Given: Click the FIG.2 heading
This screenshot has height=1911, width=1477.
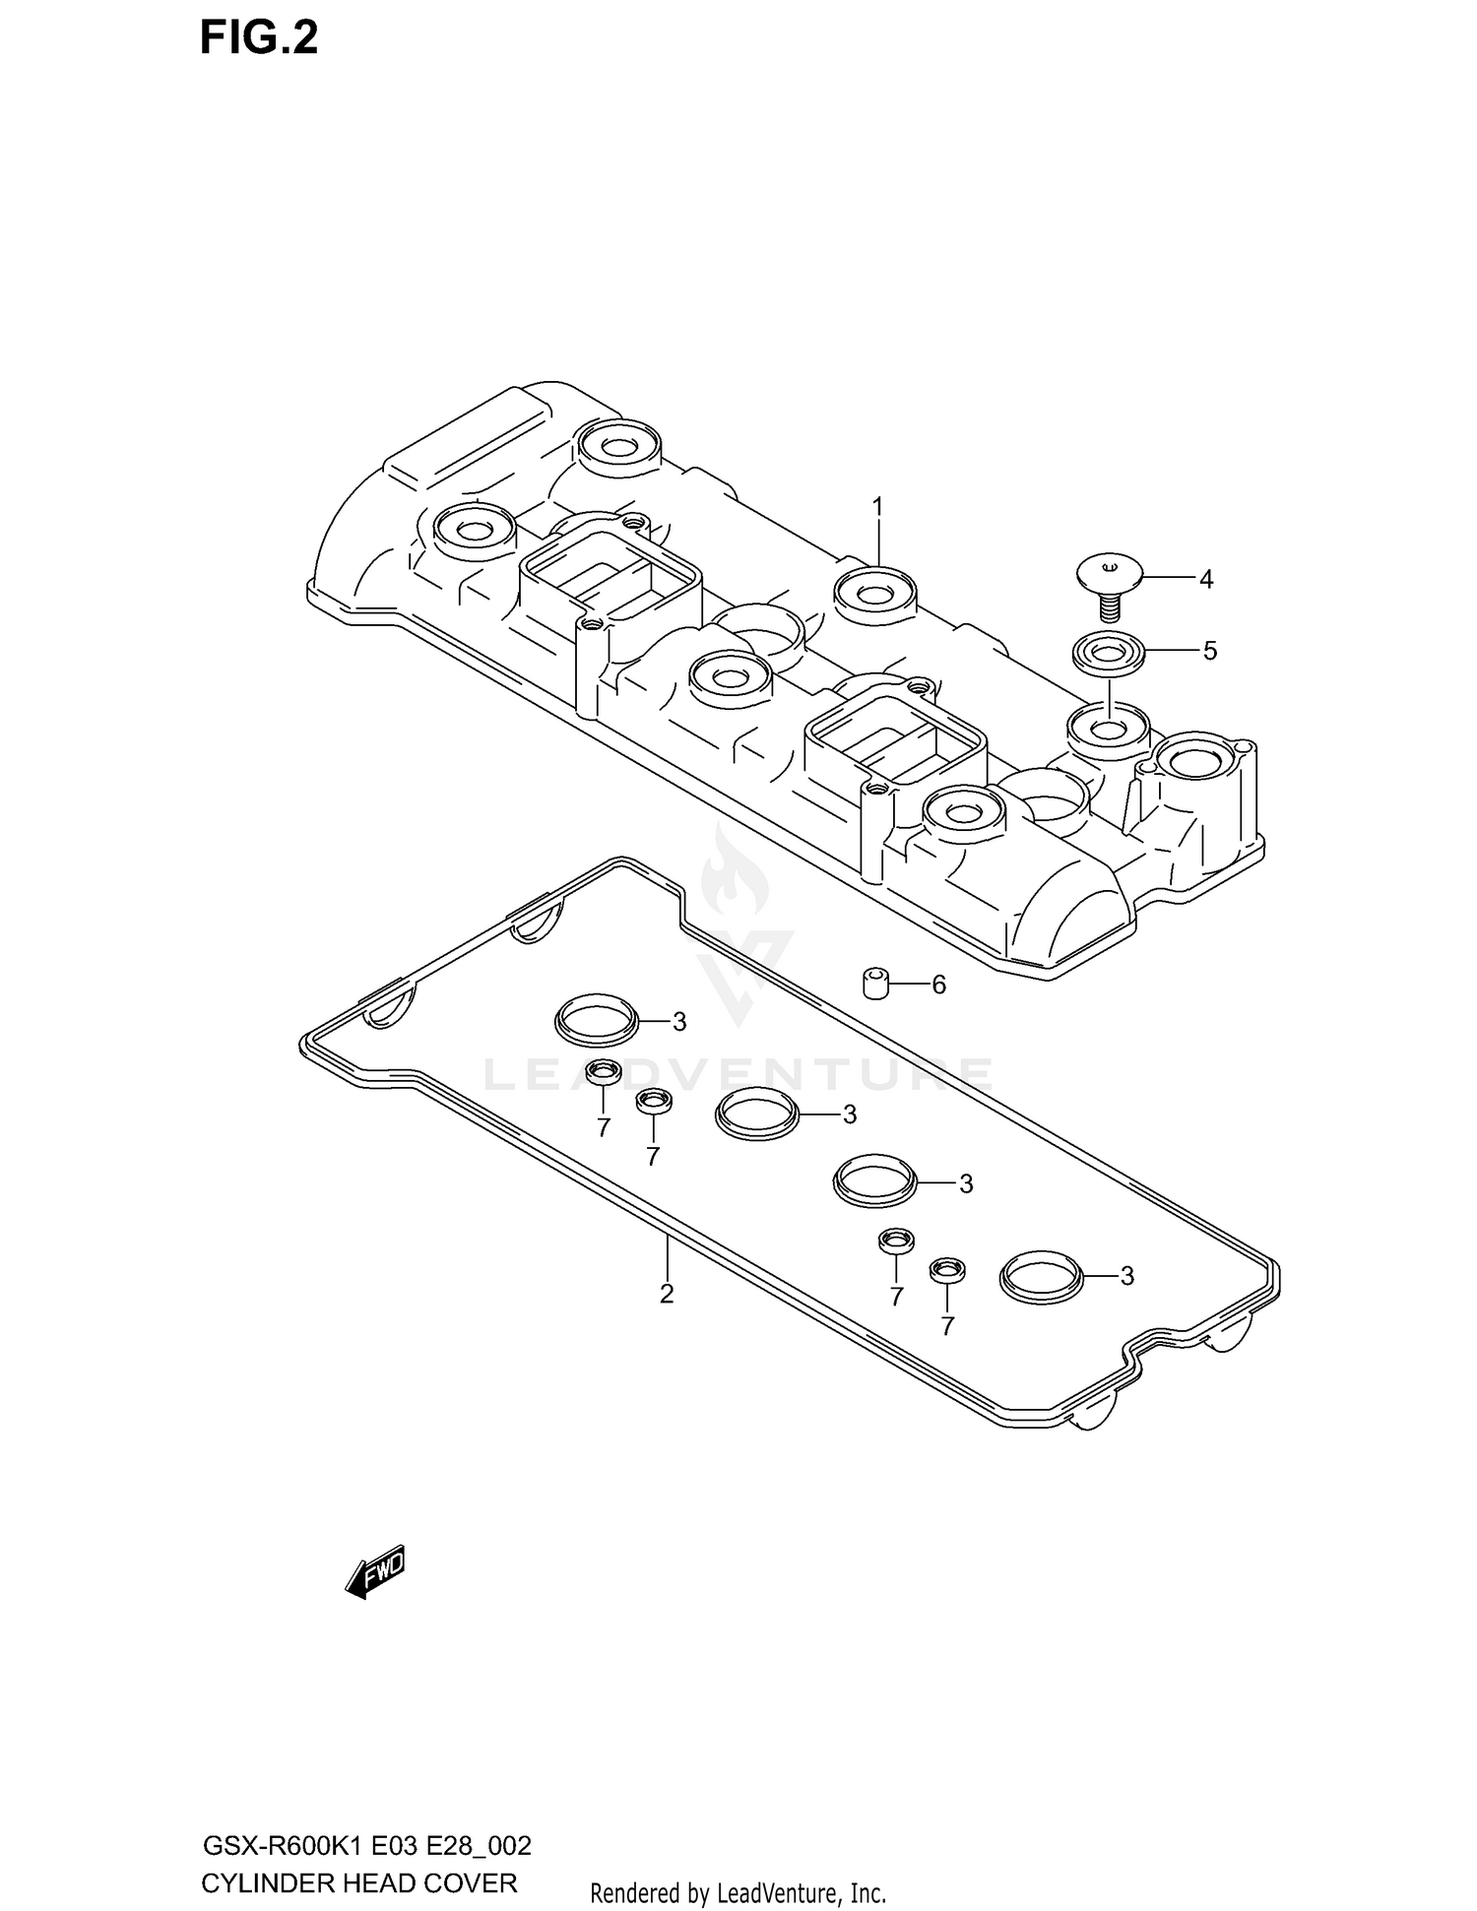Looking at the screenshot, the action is point(259,38).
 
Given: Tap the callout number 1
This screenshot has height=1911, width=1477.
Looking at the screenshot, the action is point(877,507).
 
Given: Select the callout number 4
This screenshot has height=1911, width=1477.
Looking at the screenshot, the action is point(1206,580).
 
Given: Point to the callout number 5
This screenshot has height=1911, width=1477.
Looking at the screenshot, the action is point(1210,651).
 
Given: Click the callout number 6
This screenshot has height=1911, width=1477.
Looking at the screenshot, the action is point(938,985).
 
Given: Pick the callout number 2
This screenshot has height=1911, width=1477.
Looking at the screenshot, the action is point(667,1294).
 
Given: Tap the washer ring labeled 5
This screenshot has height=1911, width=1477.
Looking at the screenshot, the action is point(1109,653).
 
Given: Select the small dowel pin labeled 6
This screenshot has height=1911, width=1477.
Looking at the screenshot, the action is point(876,983).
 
